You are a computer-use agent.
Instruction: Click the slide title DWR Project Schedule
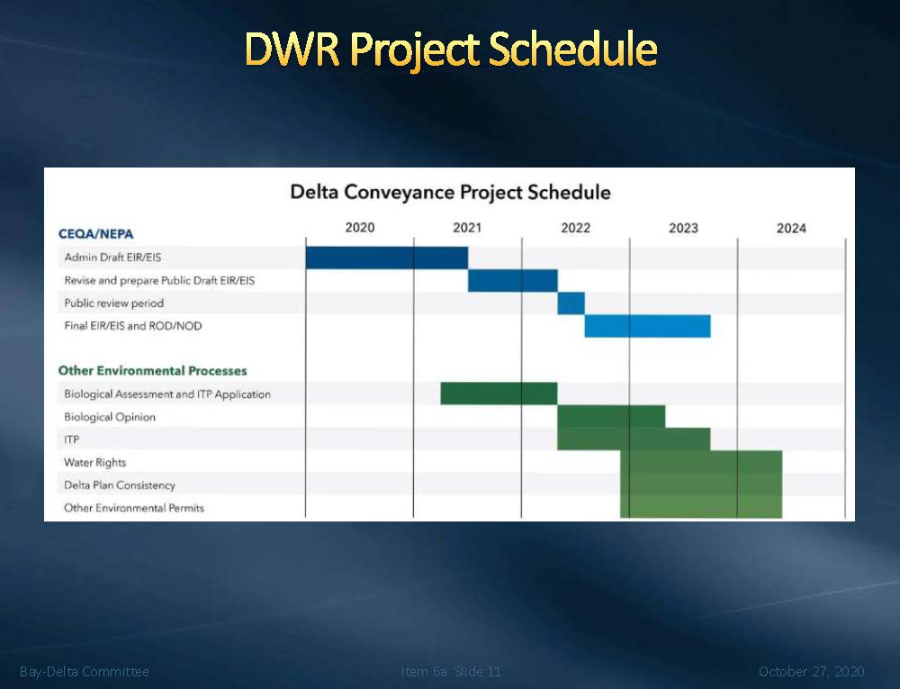point(451,50)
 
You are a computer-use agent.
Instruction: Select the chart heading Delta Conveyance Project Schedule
point(450,193)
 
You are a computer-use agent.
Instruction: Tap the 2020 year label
point(360,227)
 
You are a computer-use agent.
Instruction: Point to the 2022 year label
point(576,228)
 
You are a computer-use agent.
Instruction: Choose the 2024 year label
point(791,229)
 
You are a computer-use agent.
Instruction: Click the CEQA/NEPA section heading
point(96,234)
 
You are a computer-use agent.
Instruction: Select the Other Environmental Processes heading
point(153,371)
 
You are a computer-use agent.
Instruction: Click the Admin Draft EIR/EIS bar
point(387,258)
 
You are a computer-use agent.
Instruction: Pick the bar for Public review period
point(571,304)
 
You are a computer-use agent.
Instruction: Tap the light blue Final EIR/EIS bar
point(647,326)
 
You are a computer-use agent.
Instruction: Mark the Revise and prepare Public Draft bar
point(513,281)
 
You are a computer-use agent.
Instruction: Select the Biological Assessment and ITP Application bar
point(499,394)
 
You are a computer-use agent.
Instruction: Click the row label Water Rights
point(94,462)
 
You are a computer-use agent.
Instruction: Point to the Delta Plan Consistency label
point(120,485)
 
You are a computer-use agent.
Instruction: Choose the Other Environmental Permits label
point(134,508)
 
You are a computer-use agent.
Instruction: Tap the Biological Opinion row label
point(110,417)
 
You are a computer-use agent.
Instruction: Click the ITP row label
point(72,440)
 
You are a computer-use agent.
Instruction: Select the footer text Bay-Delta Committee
point(85,671)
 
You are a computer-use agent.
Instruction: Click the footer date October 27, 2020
point(812,671)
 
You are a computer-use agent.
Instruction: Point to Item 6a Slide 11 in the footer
point(451,671)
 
